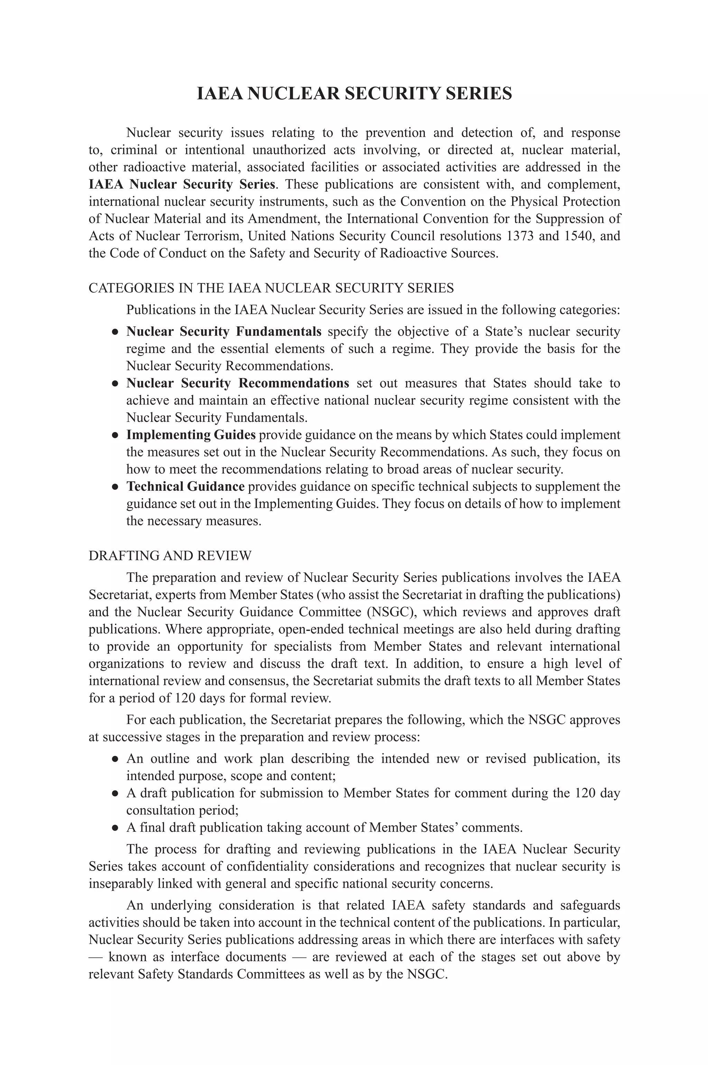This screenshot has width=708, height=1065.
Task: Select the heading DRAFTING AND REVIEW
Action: [x=170, y=556]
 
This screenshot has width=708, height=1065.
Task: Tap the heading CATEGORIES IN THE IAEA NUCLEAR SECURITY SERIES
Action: [x=271, y=288]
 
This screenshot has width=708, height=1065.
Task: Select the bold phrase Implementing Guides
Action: [x=190, y=434]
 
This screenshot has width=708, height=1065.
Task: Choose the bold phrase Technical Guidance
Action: [x=185, y=486]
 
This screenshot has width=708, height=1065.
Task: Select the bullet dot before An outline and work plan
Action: [x=115, y=759]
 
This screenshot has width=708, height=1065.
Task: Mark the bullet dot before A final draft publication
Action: [x=115, y=828]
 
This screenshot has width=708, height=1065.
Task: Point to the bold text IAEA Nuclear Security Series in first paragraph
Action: [x=181, y=184]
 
